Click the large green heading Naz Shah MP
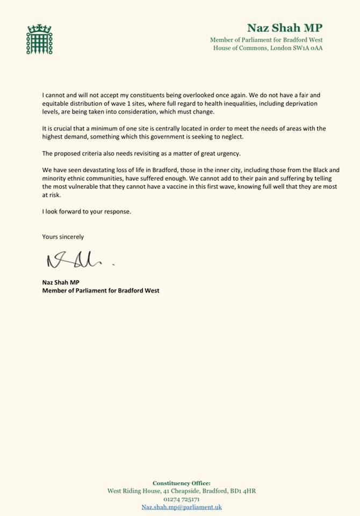(x=285, y=28)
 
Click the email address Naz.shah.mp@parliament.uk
(x=182, y=506)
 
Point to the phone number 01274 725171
(x=182, y=499)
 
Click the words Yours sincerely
(x=63, y=236)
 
